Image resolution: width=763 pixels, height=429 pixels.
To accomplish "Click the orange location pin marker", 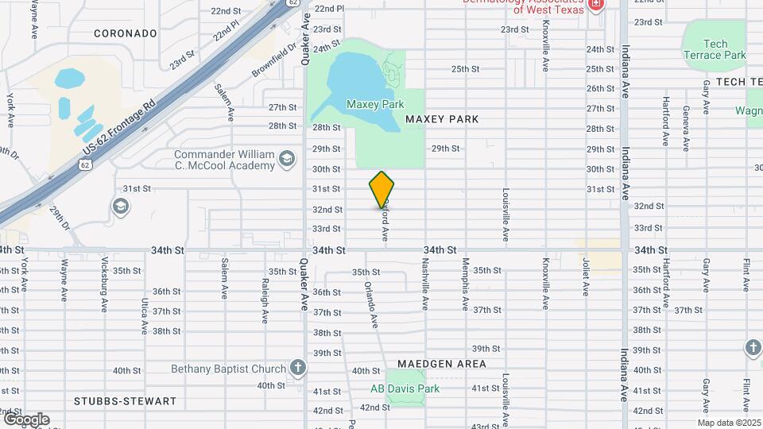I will (x=382, y=189).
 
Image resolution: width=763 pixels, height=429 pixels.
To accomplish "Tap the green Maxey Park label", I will (x=375, y=104).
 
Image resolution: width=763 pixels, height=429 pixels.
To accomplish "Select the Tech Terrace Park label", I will (x=715, y=49).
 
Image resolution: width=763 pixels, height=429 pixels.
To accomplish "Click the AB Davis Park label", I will (x=405, y=388).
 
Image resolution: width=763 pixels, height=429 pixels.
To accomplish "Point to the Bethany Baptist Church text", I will (x=229, y=369).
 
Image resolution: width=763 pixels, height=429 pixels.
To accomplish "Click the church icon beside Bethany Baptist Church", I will (x=298, y=368).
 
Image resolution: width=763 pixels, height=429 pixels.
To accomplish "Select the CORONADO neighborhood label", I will (x=125, y=33).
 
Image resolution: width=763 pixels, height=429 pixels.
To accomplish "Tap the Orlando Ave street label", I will (x=370, y=303).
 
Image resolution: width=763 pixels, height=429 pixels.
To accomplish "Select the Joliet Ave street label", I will (x=586, y=274).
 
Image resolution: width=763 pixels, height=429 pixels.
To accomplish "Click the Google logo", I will (x=26, y=419).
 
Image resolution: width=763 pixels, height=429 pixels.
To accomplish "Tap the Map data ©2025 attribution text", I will (x=728, y=423).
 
